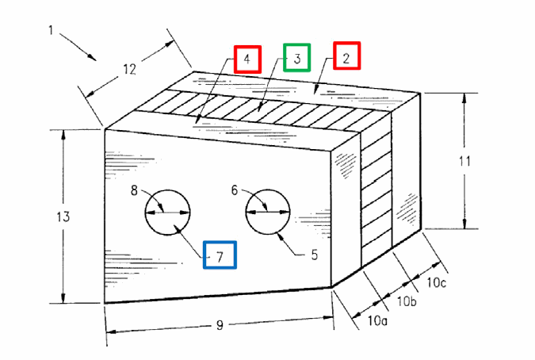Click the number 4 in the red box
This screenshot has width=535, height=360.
pos(247,59)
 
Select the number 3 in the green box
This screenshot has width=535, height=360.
pos(297,59)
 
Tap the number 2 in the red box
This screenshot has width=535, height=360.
pos(346,59)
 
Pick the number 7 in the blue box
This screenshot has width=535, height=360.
pos(220,256)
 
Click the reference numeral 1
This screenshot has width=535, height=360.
pos(52,30)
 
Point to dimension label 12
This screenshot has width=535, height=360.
pos(129,70)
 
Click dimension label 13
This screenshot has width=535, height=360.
pos(63,216)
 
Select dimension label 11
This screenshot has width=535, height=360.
pos(464,161)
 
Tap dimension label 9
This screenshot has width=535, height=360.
pos(220,325)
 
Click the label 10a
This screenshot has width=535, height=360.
pos(377,320)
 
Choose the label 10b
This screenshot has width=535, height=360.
pos(407,301)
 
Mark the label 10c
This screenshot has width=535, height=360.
pos(437,282)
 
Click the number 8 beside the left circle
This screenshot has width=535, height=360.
pos(135,190)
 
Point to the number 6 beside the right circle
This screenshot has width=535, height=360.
pos(234,190)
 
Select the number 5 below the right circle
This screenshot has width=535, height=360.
pos(314,255)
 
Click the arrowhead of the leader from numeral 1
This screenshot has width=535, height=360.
pos(92,57)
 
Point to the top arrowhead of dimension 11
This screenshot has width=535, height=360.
pos(464,98)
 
